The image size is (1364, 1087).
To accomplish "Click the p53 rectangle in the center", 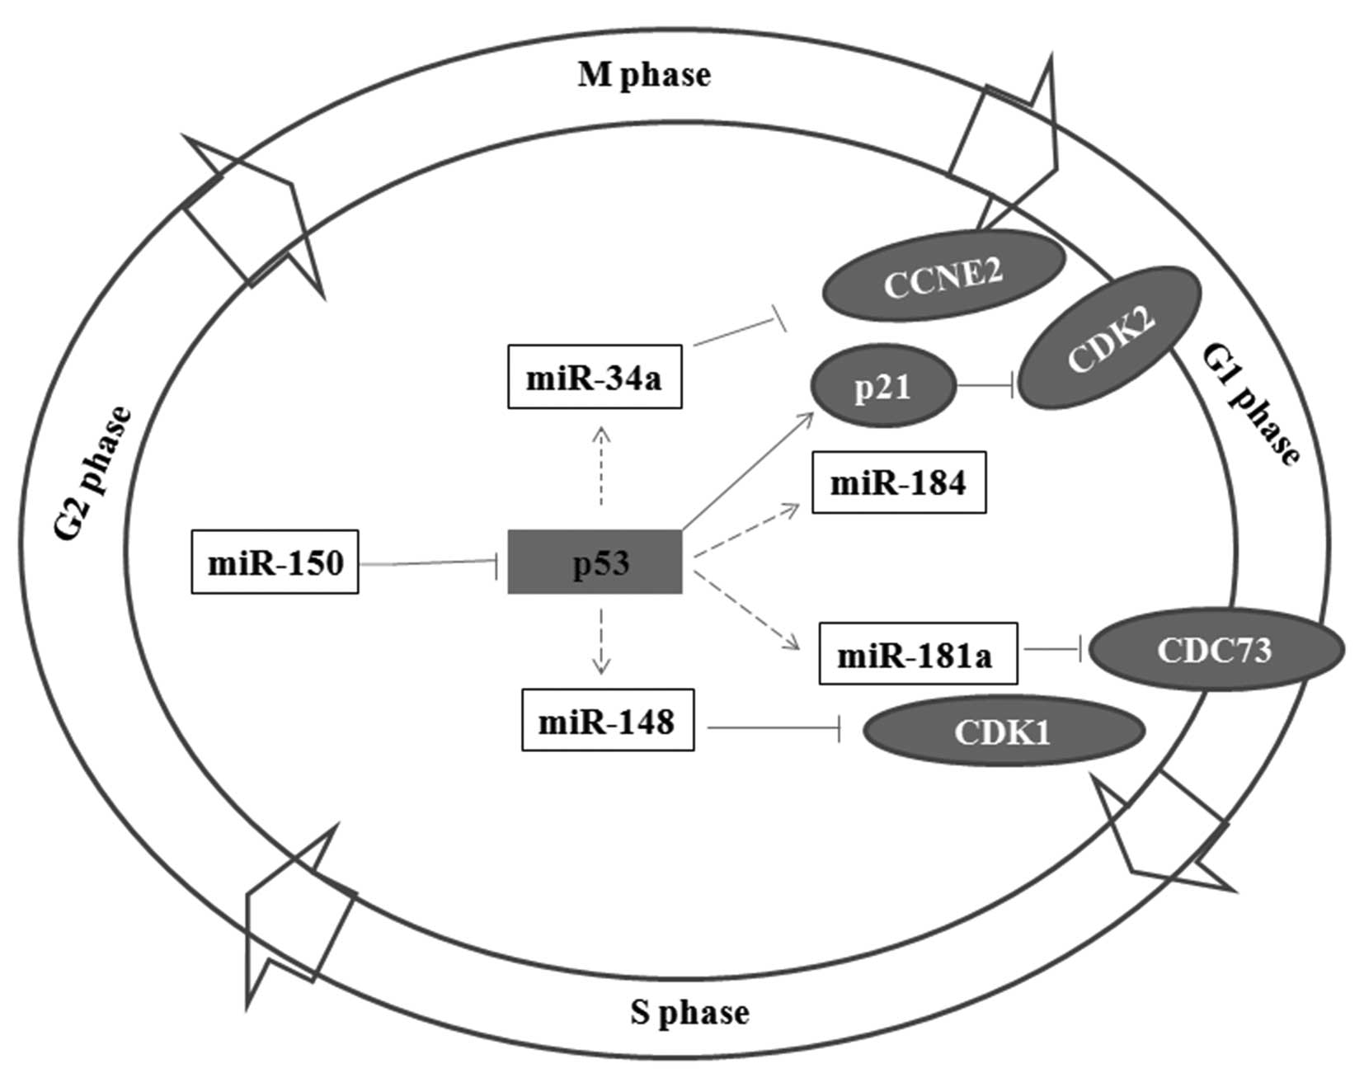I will point(595,562).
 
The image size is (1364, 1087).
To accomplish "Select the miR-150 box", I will point(275,562).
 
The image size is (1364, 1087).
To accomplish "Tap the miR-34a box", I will point(594,377).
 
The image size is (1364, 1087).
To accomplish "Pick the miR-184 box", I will point(899,482).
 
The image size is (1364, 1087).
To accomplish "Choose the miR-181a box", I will point(917,654).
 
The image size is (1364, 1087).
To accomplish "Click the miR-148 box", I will point(607,720).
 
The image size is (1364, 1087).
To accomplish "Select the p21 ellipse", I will point(883,385).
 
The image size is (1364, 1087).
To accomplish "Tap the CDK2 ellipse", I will point(1110,336).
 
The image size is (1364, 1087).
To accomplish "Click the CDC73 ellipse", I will point(1216,651).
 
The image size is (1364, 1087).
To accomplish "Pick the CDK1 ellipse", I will point(1003,732).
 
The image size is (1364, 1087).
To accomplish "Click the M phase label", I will point(644,75).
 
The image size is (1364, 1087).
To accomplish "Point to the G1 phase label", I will point(1250,405).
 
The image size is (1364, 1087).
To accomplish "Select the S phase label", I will point(689,1011).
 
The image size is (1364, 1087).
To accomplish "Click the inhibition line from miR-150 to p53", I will point(429,563).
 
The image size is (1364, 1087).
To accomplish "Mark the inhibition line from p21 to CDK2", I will point(985,385).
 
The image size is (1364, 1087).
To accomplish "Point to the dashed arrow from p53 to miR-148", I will point(601,641).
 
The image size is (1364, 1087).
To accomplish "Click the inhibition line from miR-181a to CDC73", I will point(1051,652).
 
